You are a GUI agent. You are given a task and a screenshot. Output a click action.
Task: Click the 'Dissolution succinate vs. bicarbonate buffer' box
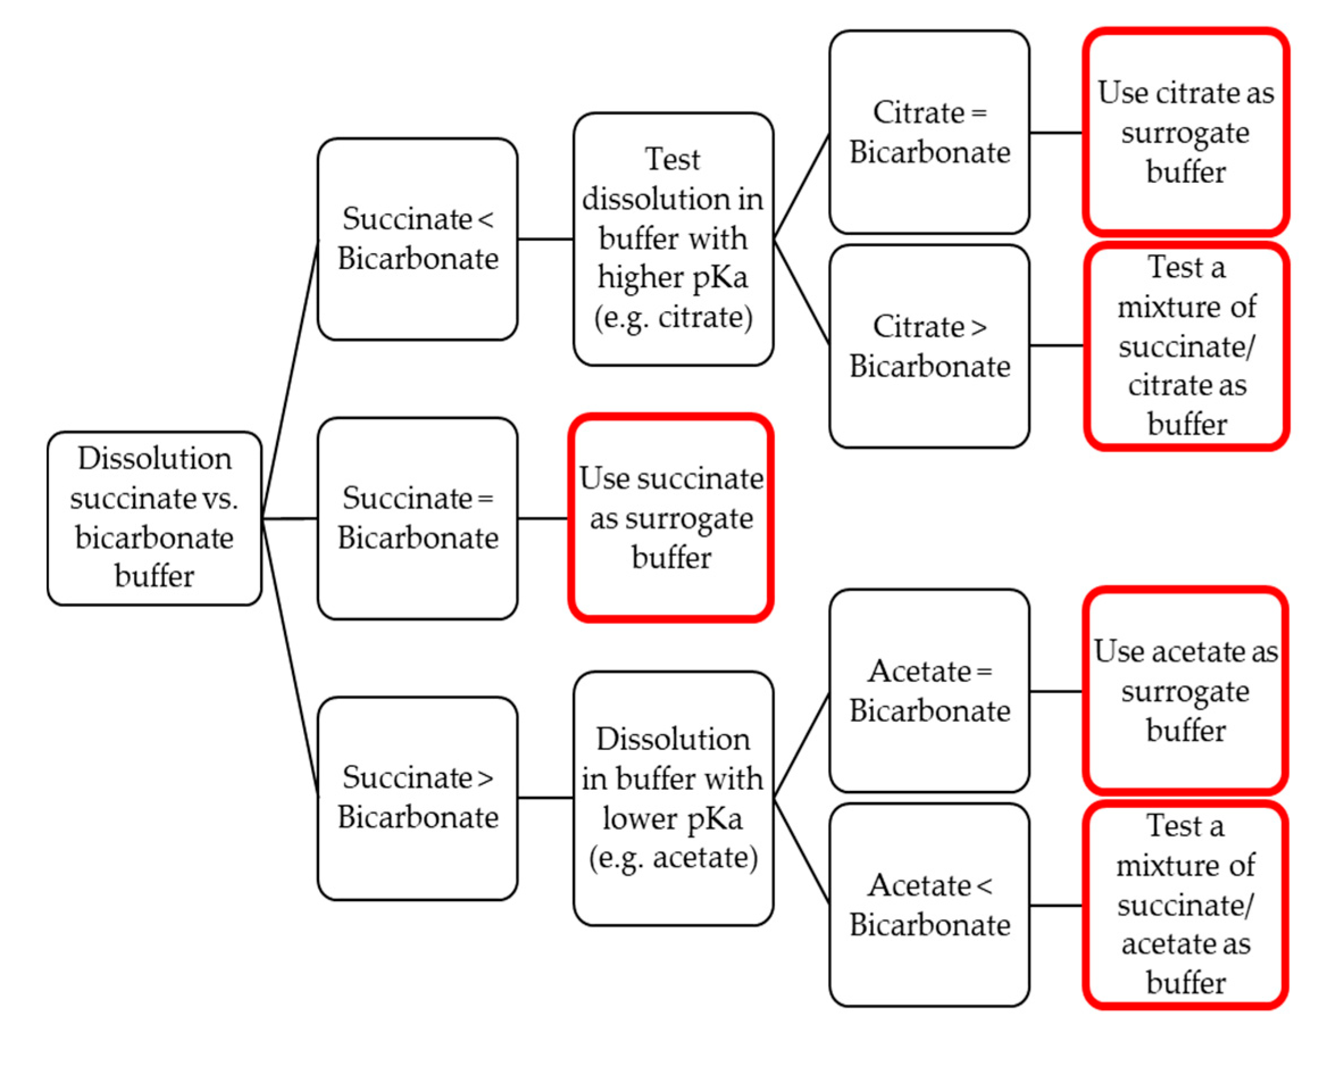154,517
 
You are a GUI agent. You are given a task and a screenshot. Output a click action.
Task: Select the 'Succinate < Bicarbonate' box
417,238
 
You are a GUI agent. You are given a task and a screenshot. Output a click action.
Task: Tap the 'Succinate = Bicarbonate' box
417,517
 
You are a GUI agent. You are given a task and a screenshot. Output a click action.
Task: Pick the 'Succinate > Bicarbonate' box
417,797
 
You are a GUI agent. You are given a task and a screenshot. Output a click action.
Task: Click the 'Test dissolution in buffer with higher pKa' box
672,238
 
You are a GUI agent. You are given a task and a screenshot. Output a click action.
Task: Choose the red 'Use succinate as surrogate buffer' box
671,517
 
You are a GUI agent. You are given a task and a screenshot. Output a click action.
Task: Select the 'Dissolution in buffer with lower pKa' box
672,797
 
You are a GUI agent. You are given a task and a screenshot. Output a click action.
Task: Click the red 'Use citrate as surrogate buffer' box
1185,132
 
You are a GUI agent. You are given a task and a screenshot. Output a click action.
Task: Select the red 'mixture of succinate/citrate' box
1186,346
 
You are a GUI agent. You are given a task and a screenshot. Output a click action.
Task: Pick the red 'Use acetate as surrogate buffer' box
1185,690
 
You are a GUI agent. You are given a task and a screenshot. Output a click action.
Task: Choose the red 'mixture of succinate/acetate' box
1185,905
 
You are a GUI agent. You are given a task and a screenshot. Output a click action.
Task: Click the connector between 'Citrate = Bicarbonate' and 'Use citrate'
1055,132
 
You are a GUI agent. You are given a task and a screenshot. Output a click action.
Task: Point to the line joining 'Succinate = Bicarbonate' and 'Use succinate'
543,518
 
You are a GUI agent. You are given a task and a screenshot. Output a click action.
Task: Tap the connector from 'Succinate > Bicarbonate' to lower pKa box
545,797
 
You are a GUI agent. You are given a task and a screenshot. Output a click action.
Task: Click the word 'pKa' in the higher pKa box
720,277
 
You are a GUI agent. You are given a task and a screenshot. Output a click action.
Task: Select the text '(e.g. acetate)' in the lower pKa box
672,857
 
